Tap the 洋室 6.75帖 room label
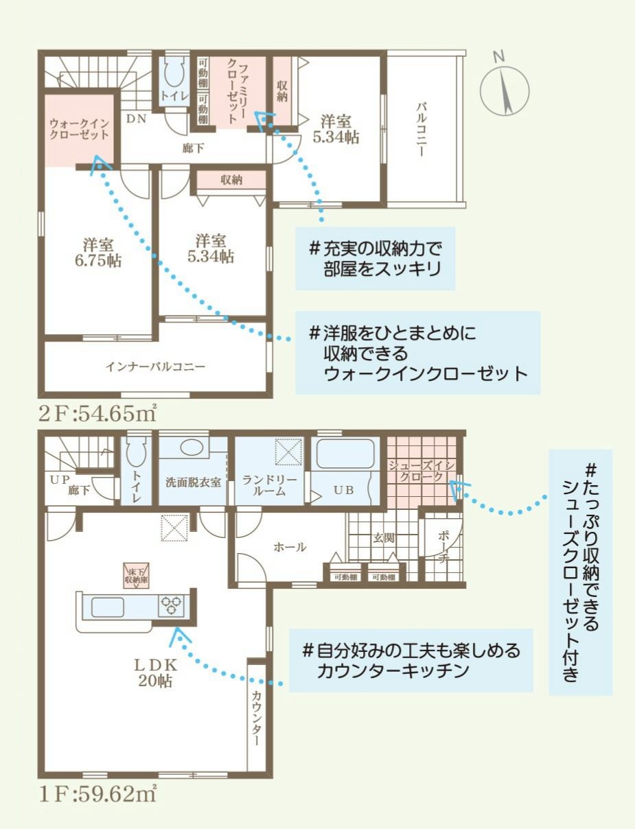[x=98, y=252]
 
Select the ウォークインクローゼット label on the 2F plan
[x=80, y=129]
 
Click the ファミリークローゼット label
[x=238, y=93]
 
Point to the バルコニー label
[x=421, y=129]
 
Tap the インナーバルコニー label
[x=155, y=366]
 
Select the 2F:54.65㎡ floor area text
[x=97, y=414]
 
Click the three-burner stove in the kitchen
[x=172, y=605]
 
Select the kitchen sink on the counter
[x=107, y=606]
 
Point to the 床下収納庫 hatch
[x=136, y=576]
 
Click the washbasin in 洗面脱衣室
[x=194, y=447]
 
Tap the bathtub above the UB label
[x=345, y=454]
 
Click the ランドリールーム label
[x=269, y=486]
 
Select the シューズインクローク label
[x=422, y=471]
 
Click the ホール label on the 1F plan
[x=290, y=547]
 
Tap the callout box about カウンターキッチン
[x=411, y=660]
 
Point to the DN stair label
[x=136, y=119]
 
